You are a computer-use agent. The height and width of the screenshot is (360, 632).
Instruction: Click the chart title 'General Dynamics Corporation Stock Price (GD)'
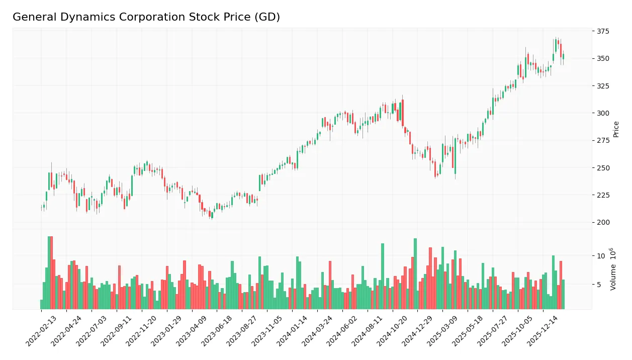pyautogui.click(x=146, y=17)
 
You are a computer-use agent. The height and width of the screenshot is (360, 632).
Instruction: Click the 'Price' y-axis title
pyautogui.click(x=616, y=129)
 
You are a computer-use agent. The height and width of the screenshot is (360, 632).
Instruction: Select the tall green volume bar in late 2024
pyautogui.click(x=415, y=274)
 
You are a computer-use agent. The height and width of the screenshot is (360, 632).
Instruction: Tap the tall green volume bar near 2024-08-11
pyautogui.click(x=383, y=276)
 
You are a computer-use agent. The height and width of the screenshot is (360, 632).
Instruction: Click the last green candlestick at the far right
pyautogui.click(x=563, y=56)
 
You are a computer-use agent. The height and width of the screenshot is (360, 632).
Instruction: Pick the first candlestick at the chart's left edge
pyautogui.click(x=41, y=207)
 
